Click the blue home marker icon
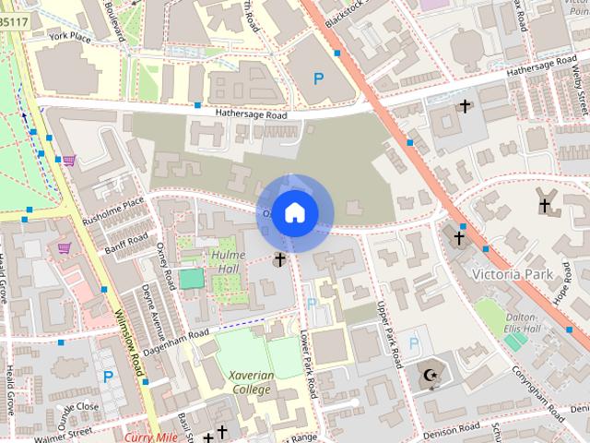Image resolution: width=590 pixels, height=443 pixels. tap(294, 212)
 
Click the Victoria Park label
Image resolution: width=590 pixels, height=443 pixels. tap(510, 275)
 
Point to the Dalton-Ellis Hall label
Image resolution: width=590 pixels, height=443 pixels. tap(521, 322)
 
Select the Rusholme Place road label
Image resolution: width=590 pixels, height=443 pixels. tap(114, 212)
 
